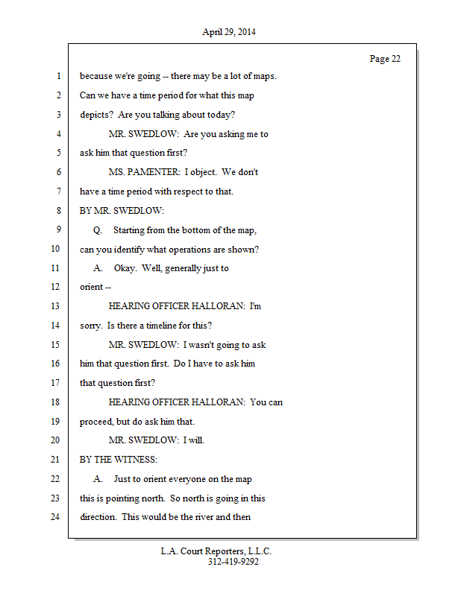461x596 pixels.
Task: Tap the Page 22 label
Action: pyautogui.click(x=385, y=59)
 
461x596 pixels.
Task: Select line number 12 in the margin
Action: pyautogui.click(x=57, y=287)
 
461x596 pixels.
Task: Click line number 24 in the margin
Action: pyautogui.click(x=57, y=516)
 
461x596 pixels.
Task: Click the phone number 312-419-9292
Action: pyautogui.click(x=233, y=562)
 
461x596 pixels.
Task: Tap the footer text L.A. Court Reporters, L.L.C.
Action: pyautogui.click(x=216, y=551)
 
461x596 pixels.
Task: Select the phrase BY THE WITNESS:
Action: pyautogui.click(x=119, y=459)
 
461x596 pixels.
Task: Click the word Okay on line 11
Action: pyautogui.click(x=125, y=268)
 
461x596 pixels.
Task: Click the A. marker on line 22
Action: pyautogui.click(x=98, y=478)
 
